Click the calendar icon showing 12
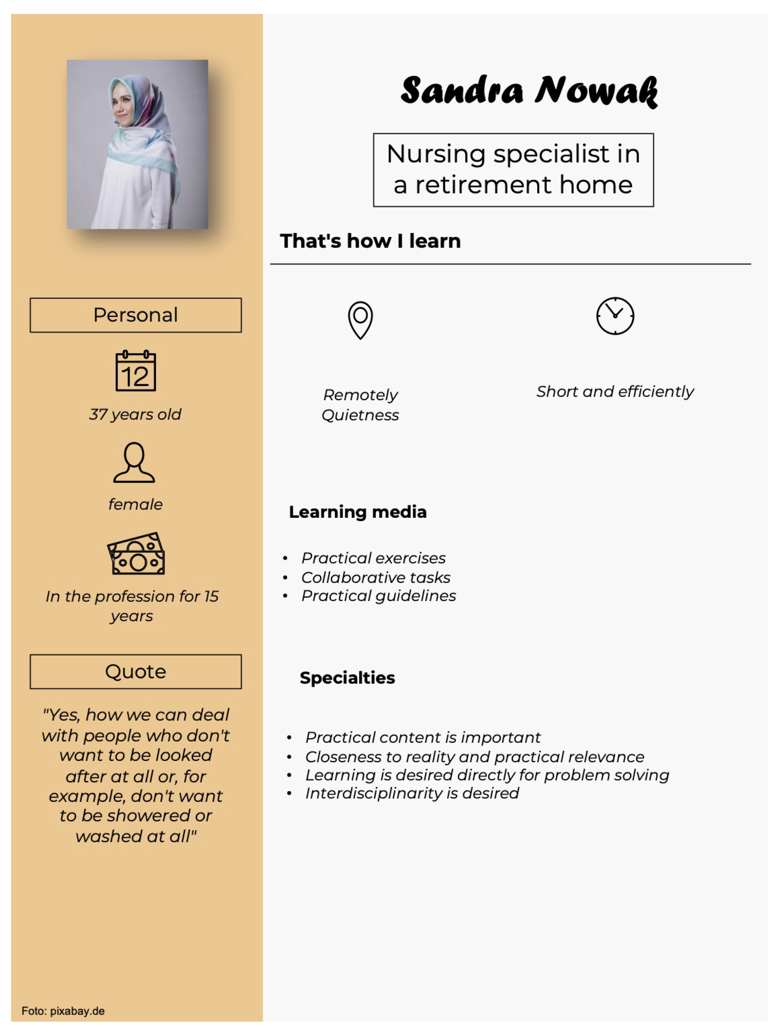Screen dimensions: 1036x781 [x=135, y=371]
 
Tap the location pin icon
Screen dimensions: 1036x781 [x=360, y=320]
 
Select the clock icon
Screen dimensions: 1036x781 [x=615, y=316]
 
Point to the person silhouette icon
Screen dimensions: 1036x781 [x=134, y=462]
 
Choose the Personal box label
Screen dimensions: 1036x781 [x=135, y=315]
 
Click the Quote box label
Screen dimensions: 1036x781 [x=135, y=672]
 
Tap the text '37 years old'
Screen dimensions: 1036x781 [x=135, y=414]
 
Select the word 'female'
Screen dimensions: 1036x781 [x=135, y=504]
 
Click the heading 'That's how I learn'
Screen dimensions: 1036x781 [x=370, y=241]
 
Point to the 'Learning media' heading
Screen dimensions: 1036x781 [x=358, y=512]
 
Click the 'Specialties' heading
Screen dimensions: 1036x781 [x=347, y=678]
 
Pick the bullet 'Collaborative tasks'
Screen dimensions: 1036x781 [x=376, y=578]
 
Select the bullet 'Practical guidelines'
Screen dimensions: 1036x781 [x=378, y=596]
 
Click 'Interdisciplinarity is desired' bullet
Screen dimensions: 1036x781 [x=412, y=793]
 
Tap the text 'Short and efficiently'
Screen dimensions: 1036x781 [x=615, y=392]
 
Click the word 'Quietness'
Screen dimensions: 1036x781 [x=360, y=415]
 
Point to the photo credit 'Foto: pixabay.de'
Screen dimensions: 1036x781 [x=63, y=1011]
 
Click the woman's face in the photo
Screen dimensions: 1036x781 [x=121, y=107]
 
